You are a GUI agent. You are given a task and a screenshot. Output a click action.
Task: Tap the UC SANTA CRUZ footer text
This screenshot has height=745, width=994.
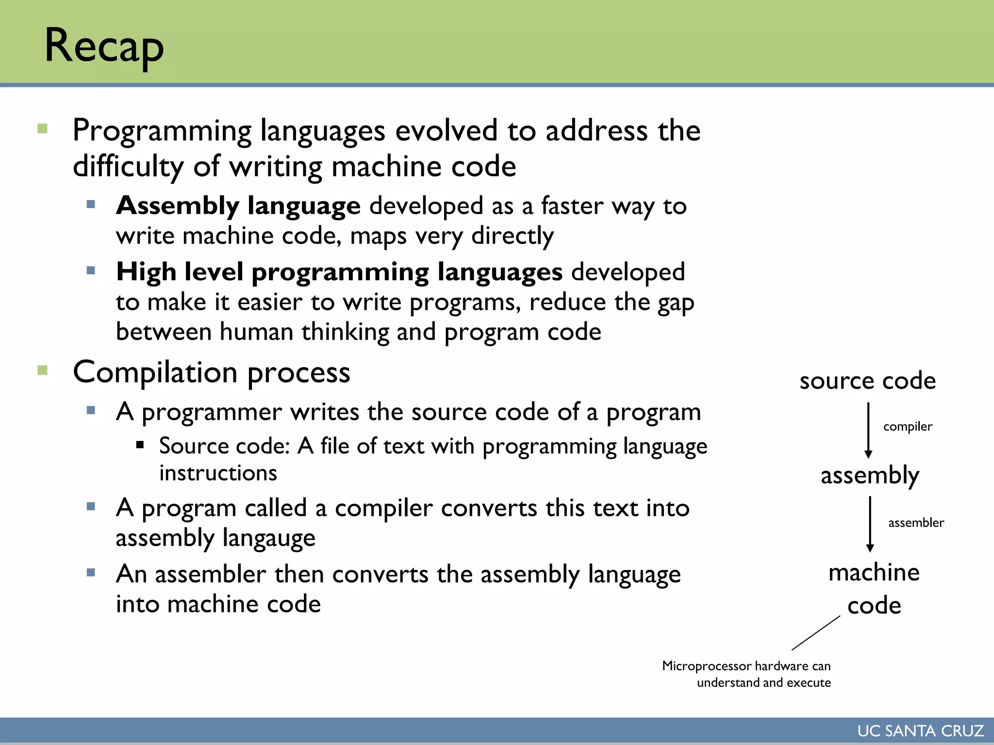(920, 731)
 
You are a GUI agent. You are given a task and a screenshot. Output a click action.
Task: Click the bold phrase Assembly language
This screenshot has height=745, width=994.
(238, 206)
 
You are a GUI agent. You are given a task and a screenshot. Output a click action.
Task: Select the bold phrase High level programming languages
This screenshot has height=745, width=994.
(339, 272)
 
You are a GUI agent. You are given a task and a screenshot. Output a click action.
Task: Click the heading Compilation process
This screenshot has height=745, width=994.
(211, 372)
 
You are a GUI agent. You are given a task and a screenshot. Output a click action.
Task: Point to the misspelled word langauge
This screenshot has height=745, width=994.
(269, 538)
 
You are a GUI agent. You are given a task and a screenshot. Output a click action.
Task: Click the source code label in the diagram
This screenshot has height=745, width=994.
(867, 381)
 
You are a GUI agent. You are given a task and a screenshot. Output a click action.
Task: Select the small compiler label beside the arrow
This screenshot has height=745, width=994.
(908, 426)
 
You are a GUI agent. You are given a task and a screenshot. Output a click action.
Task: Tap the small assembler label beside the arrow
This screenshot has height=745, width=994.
(916, 523)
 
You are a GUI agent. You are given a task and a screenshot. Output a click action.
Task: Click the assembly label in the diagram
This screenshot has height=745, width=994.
(870, 475)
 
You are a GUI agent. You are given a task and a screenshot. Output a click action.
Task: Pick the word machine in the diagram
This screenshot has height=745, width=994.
(874, 573)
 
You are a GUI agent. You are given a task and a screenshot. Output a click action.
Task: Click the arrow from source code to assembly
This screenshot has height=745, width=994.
(868, 430)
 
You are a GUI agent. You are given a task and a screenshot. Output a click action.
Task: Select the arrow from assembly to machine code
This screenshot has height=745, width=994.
(870, 524)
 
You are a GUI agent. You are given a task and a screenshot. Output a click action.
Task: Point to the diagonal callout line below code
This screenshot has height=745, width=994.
(816, 633)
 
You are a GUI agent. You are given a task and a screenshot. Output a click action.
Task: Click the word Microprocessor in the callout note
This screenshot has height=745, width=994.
(706, 666)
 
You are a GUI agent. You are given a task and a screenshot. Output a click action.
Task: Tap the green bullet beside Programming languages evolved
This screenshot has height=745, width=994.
(43, 129)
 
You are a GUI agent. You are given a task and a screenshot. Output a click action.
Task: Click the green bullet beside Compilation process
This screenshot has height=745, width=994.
(43, 371)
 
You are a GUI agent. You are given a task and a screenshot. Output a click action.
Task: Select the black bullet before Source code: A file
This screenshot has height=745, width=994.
(140, 444)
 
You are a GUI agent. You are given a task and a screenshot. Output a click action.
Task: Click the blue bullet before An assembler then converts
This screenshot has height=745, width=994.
(91, 572)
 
